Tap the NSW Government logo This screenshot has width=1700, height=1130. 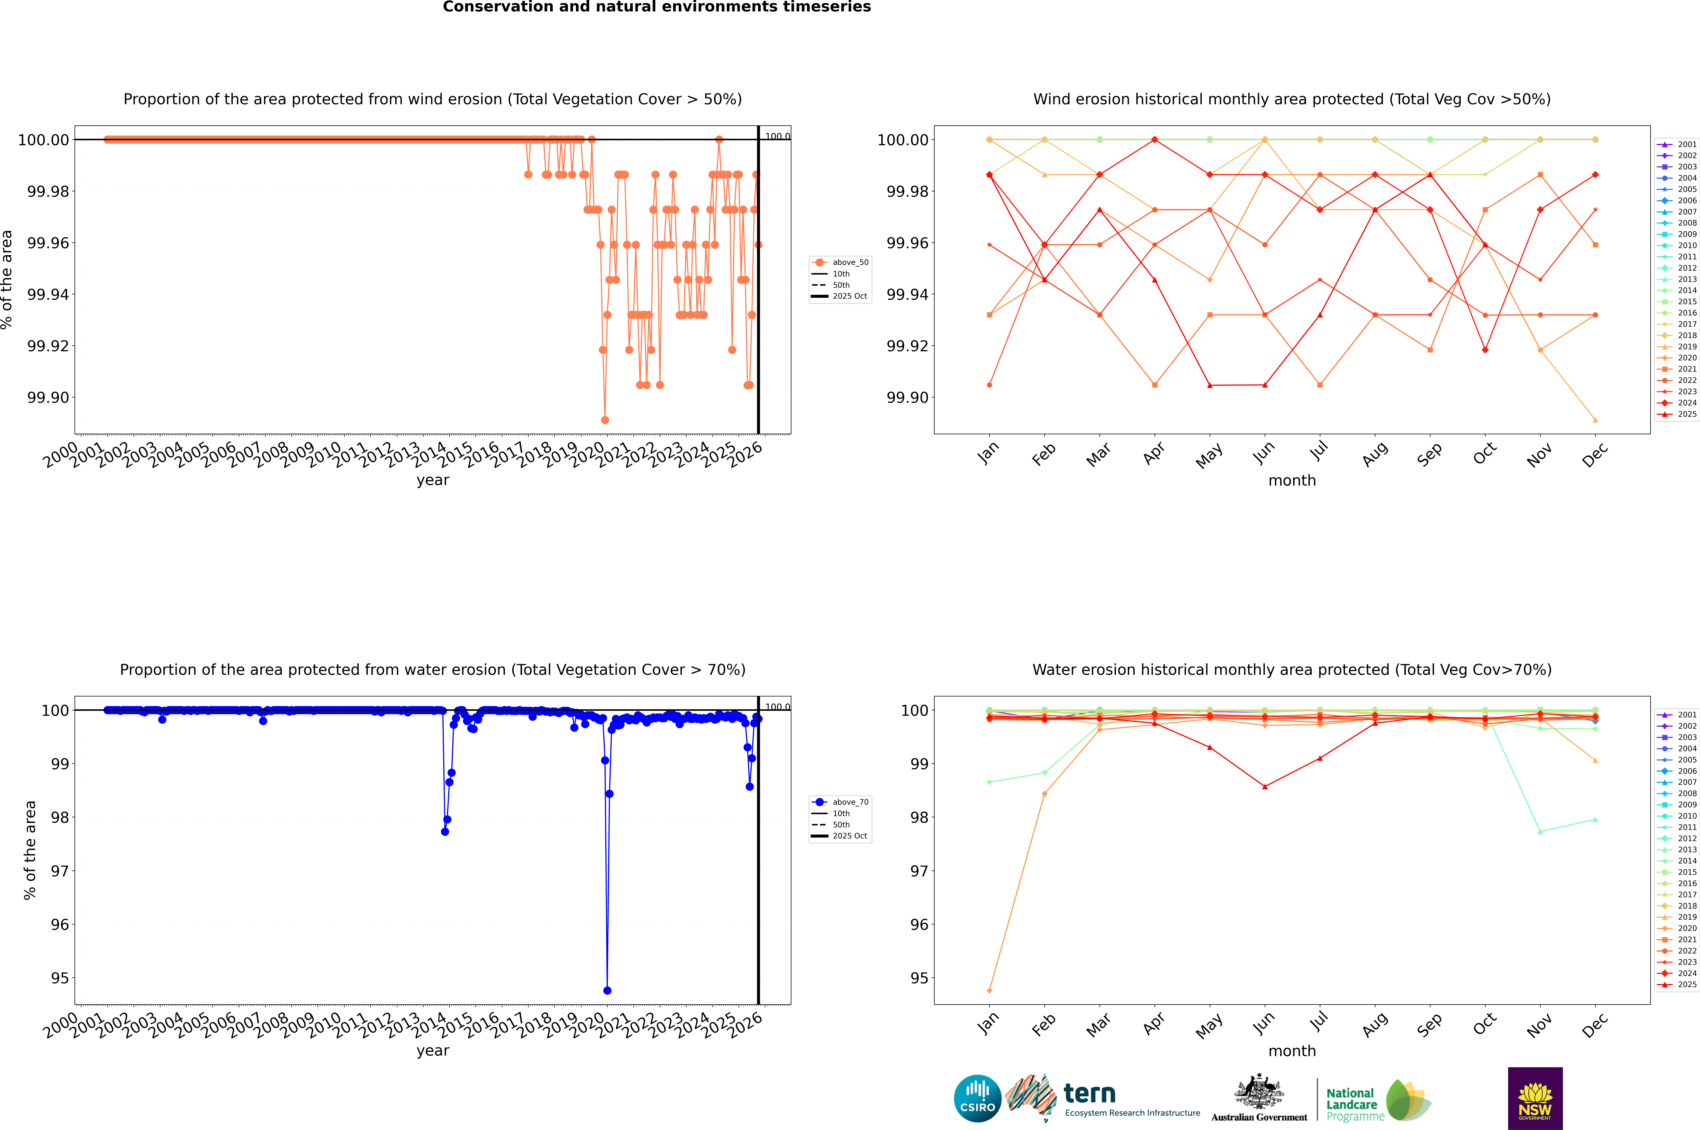tap(1535, 1098)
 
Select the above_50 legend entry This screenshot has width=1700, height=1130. tap(840, 262)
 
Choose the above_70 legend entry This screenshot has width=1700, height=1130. tap(840, 802)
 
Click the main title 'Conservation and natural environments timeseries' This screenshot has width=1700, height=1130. tap(657, 7)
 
